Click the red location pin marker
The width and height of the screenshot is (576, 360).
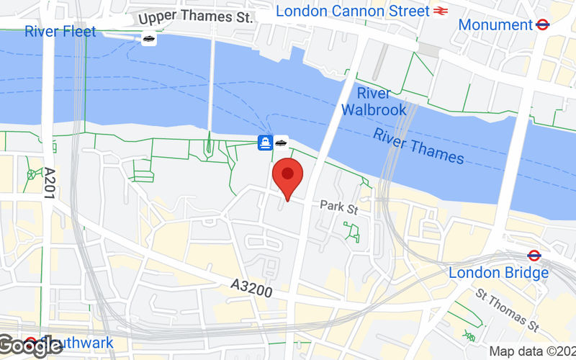(288, 176)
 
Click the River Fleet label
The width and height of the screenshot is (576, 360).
(60, 32)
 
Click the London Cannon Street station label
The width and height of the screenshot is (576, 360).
(352, 11)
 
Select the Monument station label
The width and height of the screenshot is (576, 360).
(495, 24)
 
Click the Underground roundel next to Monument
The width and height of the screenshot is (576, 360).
(543, 24)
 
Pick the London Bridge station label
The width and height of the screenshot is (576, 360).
(498, 273)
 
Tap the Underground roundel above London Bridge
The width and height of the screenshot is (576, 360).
(534, 256)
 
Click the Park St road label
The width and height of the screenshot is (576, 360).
(340, 209)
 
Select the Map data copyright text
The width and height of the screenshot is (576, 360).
(531, 352)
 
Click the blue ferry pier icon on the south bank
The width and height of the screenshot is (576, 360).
(265, 143)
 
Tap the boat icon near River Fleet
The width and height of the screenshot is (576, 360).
(148, 39)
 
